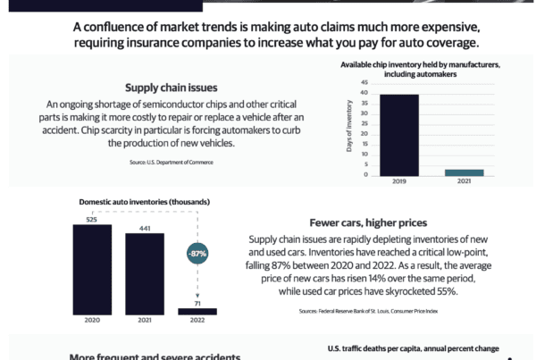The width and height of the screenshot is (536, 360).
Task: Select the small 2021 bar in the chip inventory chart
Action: [x=464, y=172]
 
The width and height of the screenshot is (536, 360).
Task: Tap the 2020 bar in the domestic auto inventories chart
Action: [x=92, y=269]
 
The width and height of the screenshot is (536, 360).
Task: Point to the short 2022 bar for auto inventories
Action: [x=197, y=311]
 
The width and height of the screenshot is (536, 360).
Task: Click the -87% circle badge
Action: [x=197, y=255]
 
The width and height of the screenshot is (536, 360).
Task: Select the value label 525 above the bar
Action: [x=91, y=219]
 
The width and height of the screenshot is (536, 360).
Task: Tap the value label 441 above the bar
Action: [x=145, y=229]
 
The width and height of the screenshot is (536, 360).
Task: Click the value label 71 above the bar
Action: [x=197, y=304]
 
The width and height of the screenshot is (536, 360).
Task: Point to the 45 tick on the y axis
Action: [x=364, y=82]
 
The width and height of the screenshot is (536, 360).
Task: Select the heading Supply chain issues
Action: [x=171, y=88]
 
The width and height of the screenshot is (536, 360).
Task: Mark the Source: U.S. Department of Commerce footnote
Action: [x=170, y=163]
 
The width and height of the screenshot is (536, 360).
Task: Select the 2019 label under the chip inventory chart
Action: [x=394, y=181]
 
